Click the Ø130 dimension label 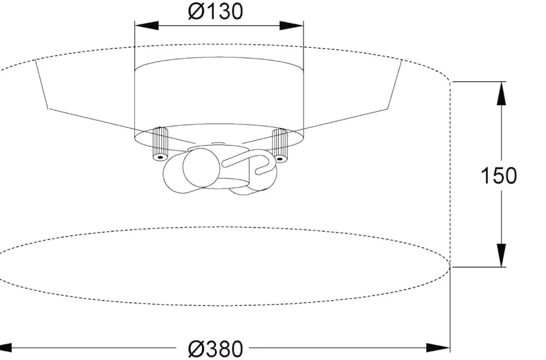coord(215,11)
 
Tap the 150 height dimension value coord(498,176)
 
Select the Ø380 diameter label coord(215,349)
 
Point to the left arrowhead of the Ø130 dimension coord(146,25)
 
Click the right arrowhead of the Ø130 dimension coord(291,25)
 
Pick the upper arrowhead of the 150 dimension coord(501,93)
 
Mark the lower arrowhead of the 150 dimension coord(501,255)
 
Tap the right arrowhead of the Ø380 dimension coord(438,347)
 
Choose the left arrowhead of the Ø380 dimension coord(6,347)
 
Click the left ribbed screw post coord(160,144)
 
